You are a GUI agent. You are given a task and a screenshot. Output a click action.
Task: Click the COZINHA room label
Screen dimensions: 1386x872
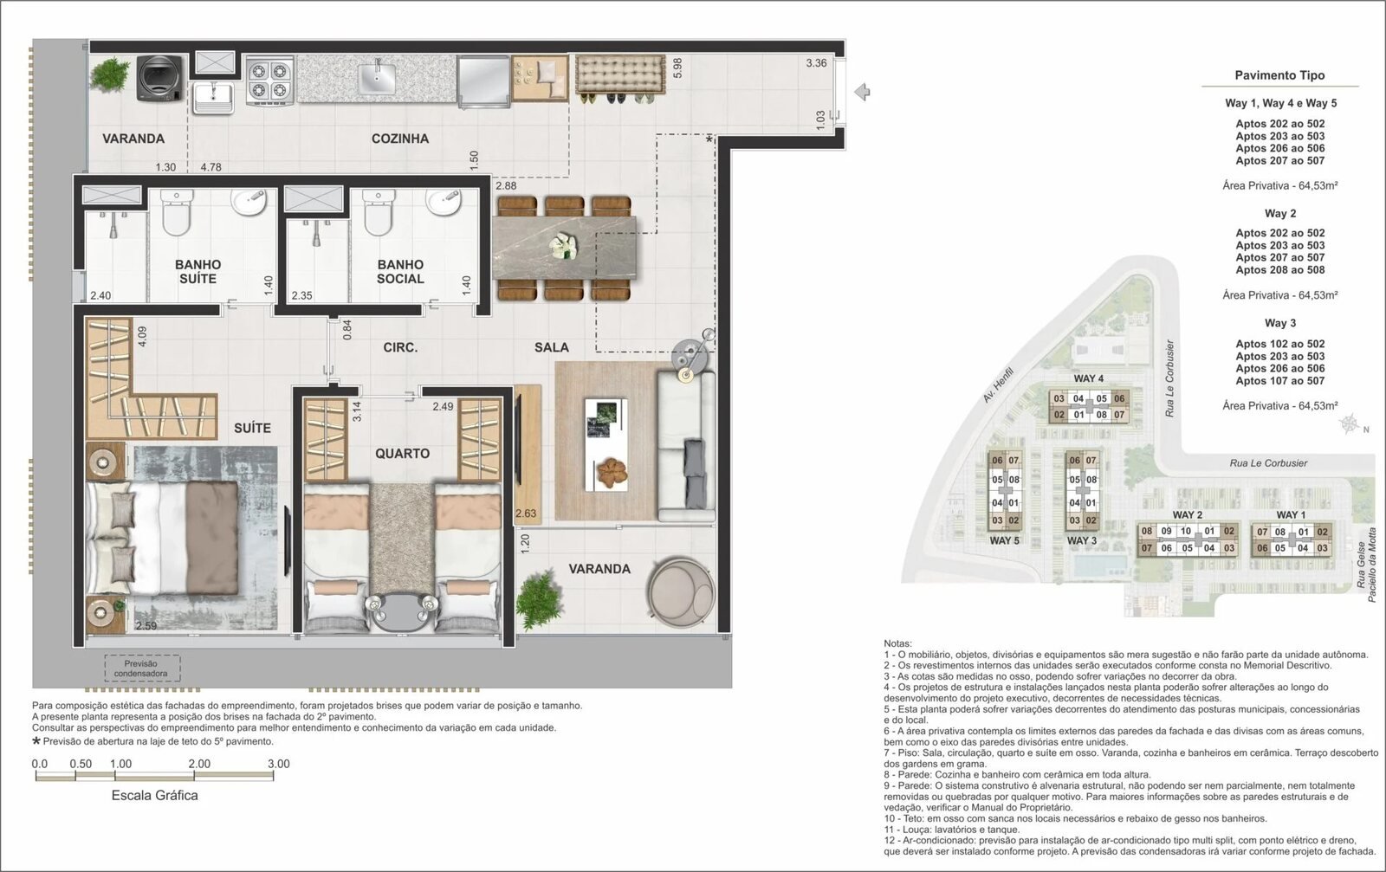399,139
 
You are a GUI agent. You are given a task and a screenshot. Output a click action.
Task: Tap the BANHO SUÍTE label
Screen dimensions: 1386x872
198,272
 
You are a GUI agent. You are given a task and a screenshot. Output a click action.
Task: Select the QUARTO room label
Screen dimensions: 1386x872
402,453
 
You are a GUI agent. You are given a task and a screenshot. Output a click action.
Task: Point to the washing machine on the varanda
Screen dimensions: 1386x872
160,78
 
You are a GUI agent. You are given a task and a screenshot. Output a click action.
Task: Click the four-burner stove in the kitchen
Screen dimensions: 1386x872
269,81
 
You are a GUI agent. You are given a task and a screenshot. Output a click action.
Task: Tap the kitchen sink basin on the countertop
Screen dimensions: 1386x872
376,77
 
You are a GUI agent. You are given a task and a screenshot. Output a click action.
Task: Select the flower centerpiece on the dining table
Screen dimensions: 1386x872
565,246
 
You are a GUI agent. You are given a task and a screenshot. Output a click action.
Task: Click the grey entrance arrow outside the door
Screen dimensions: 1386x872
862,92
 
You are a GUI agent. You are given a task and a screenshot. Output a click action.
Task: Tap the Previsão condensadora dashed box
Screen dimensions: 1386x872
142,668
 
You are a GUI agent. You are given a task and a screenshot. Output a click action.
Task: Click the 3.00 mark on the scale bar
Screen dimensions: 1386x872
278,764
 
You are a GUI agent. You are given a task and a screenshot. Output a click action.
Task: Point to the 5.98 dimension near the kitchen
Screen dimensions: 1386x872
677,68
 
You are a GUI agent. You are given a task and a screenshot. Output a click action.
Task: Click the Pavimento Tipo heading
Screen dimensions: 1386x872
1279,75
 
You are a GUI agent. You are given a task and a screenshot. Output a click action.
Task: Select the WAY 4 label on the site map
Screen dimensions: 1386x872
1088,378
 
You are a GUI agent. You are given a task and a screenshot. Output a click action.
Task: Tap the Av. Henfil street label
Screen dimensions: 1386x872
998,384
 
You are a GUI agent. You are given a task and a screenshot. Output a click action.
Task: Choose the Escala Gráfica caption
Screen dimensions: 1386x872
155,795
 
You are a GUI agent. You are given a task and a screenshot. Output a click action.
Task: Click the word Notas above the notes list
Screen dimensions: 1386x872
897,643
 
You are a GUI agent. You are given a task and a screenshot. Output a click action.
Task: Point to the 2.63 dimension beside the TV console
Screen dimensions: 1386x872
526,514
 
